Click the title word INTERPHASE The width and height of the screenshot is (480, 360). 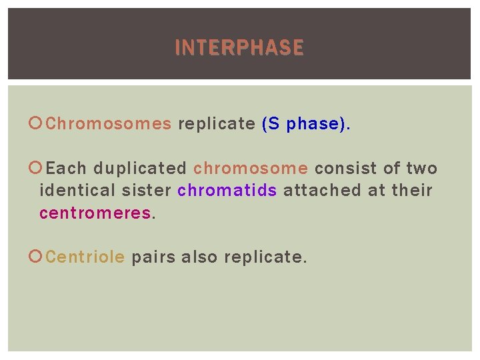239,48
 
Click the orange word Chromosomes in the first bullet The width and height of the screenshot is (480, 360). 109,124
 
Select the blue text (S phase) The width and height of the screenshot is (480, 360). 305,124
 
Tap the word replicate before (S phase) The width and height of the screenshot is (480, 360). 216,124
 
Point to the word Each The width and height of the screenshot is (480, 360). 67,169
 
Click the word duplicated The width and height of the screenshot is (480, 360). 140,169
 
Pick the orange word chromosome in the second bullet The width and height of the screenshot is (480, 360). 251,169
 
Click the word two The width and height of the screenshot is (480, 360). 421,169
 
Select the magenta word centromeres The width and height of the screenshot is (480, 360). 95,213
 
